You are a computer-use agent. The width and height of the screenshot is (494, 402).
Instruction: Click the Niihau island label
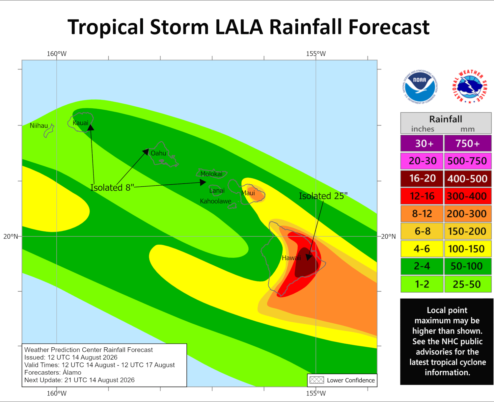pos(39,126)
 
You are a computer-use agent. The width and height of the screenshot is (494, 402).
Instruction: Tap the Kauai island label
pos(80,123)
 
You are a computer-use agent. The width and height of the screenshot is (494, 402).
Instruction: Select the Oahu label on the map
pos(158,153)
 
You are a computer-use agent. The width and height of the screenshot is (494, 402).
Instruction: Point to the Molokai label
pos(211,174)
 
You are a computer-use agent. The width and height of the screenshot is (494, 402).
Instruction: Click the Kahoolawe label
pos(215,201)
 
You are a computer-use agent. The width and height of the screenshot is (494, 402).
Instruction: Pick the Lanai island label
pos(217,191)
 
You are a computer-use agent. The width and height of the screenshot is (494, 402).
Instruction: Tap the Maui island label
pos(248,193)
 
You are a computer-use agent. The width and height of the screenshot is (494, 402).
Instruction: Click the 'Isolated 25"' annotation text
pos(323,196)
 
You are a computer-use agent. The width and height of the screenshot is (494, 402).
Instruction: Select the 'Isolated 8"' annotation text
pos(112,188)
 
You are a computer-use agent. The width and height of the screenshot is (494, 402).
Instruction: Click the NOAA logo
pos(420,87)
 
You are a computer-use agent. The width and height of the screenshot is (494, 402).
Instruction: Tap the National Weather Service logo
pos(470,87)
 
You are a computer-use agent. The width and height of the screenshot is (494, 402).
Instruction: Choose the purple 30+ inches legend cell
pos(422,144)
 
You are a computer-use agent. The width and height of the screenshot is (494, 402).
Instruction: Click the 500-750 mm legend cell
pos(467,161)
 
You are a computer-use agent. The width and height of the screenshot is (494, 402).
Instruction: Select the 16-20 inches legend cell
pos(422,178)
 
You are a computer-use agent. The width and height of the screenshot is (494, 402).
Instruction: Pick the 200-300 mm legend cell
pos(467,214)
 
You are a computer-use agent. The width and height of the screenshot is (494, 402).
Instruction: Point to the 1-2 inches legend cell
pos(422,284)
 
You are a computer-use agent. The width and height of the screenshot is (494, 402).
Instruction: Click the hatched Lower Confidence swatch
pos(317,380)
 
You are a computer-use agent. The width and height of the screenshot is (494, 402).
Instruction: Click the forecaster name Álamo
pos(72,372)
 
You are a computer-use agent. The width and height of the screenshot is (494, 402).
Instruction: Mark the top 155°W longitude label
pos(316,54)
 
